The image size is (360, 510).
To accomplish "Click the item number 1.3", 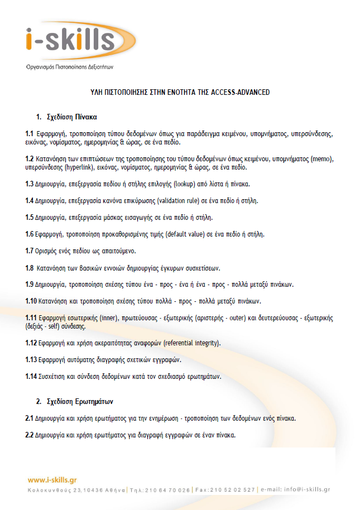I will [x=30, y=184].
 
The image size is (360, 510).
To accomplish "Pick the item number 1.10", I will [x=31, y=301].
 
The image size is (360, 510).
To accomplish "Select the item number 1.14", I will [x=31, y=377].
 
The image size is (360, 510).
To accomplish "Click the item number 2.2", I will [x=30, y=435].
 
